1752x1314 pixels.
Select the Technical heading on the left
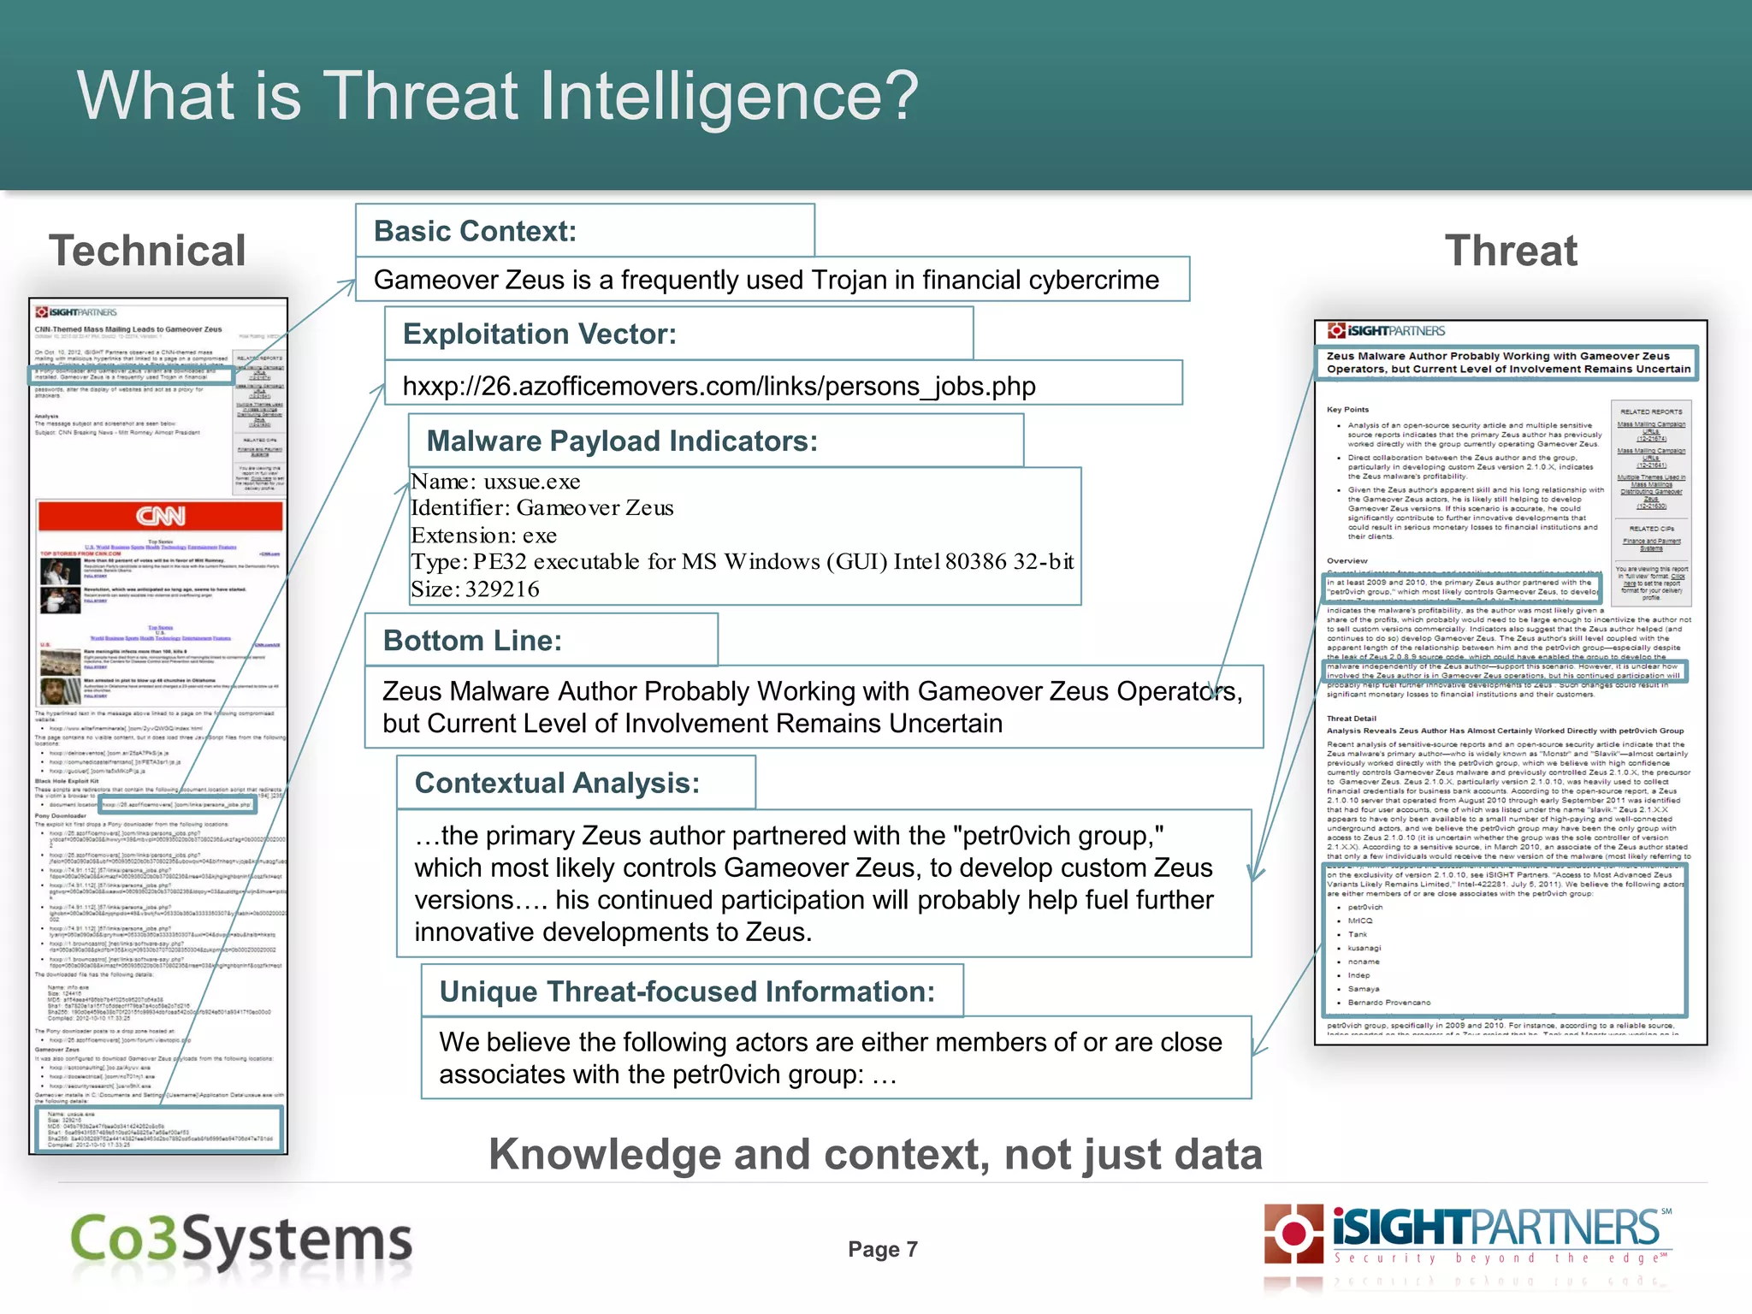tap(147, 251)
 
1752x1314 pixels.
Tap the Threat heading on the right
tap(1511, 251)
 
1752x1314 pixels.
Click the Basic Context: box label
tap(475, 231)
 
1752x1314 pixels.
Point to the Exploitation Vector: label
tap(539, 334)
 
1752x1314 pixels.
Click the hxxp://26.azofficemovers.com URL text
tap(719, 386)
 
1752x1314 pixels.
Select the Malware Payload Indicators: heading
tap(622, 441)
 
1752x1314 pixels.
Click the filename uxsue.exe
tap(532, 482)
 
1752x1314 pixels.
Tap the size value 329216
tap(502, 589)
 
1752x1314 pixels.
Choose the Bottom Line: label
tap(472, 640)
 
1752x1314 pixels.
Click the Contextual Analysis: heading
tap(557, 783)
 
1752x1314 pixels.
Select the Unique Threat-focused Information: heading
tap(687, 991)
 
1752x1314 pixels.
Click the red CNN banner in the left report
tap(160, 516)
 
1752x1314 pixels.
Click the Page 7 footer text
tap(882, 1250)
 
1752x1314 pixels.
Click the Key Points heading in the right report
tap(1347, 410)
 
